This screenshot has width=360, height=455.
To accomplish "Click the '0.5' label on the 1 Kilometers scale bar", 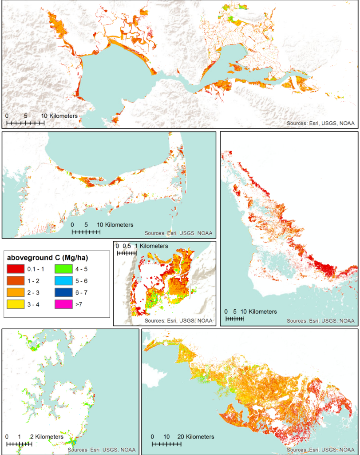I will pos(127,246).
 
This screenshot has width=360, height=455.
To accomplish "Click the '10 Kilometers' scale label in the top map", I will pos(60,116).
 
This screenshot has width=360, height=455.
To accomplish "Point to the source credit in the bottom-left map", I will pos(102,450).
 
